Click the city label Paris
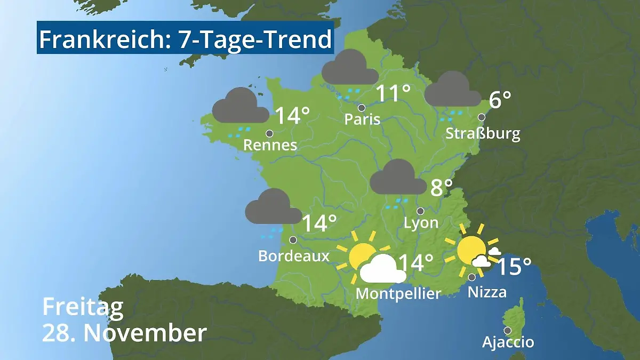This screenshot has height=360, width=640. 362,118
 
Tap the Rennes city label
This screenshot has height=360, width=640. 270,145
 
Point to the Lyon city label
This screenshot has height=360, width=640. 421,222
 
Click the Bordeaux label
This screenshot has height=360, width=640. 293,256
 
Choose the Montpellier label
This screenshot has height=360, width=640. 398,293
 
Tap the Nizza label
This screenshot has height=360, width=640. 487,292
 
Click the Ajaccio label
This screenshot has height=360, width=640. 508,341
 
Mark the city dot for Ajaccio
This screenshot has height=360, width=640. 508,330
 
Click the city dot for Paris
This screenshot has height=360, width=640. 362,108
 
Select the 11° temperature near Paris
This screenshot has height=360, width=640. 394,93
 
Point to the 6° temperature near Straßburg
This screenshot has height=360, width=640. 500,100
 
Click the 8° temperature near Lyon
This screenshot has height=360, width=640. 441,188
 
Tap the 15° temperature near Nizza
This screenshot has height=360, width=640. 514,267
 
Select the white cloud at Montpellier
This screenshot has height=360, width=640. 382,269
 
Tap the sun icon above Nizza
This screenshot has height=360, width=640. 471,250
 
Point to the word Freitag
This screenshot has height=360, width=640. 83,307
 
